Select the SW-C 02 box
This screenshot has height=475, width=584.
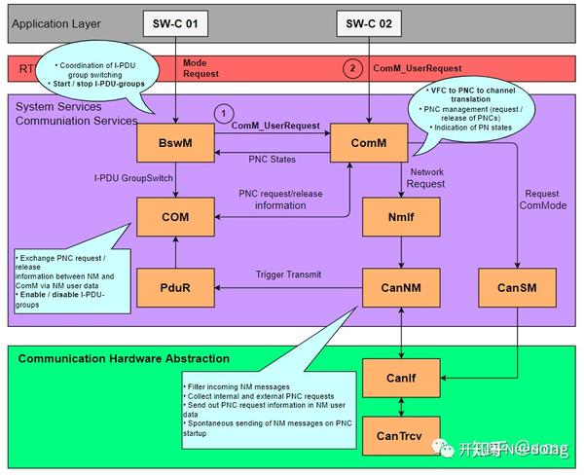[369, 21]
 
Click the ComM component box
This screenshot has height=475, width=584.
[369, 143]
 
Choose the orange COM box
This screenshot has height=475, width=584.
[175, 216]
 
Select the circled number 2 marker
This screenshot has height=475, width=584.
[352, 69]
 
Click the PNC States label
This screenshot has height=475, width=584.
[272, 159]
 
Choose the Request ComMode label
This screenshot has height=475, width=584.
[540, 200]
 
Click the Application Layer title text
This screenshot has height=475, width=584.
[58, 21]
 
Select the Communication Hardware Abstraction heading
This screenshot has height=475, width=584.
[124, 358]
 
